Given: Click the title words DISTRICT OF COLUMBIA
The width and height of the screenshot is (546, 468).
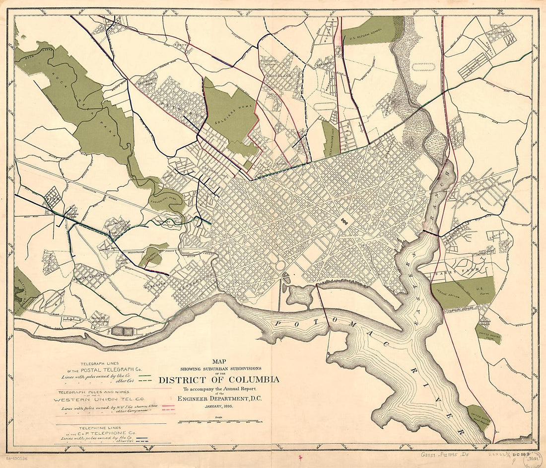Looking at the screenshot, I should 219,380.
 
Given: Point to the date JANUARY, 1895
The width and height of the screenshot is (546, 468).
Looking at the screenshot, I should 219,406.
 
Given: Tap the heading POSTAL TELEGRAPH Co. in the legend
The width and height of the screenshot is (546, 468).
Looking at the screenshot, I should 112,370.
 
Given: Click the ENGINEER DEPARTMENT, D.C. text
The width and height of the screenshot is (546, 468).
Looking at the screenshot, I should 219,398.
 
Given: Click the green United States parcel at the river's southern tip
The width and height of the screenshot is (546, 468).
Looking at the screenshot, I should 478,416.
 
